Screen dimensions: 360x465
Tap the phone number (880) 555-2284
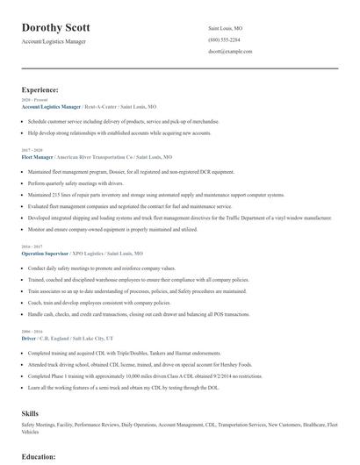pyautogui.click(x=224, y=39)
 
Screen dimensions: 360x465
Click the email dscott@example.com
pyautogui.click(x=230, y=52)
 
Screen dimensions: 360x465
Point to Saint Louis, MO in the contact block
pyautogui.click(x=227, y=28)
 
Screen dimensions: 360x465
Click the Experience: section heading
pyautogui.click(x=40, y=89)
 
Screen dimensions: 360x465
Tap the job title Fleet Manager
pyautogui.click(x=39, y=155)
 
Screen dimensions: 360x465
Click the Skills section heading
pyautogui.click(x=30, y=411)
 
